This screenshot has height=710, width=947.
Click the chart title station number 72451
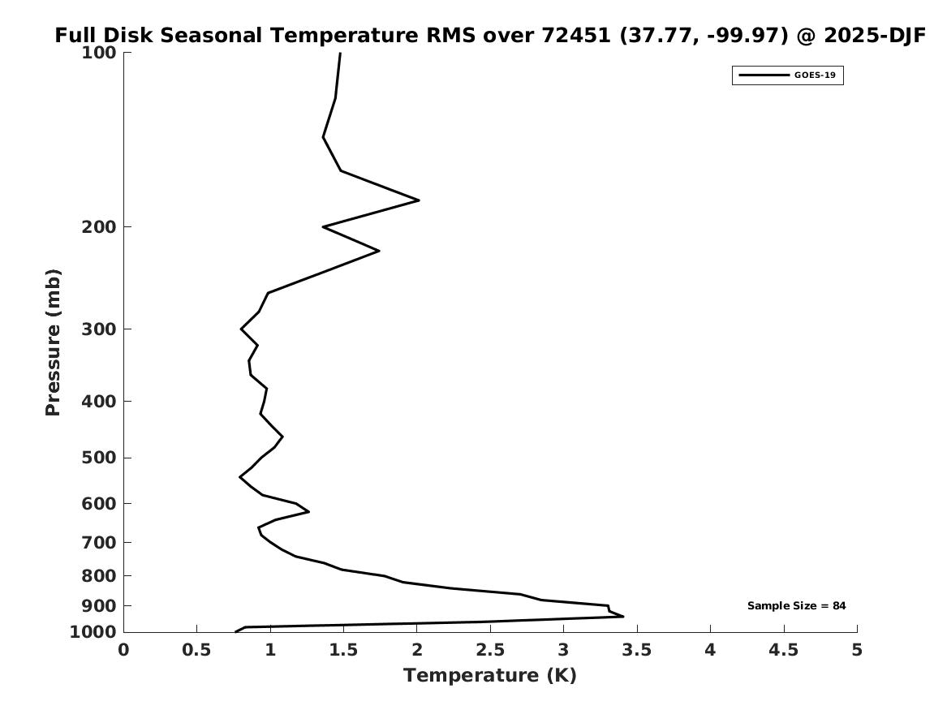click(x=575, y=36)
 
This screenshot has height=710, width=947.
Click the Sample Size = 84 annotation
click(x=796, y=606)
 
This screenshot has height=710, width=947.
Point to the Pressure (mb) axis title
click(x=54, y=342)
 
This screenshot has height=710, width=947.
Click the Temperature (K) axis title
click(x=490, y=676)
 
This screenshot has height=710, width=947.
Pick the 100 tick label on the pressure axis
click(x=100, y=53)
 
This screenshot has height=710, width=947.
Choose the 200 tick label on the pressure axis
click(x=100, y=227)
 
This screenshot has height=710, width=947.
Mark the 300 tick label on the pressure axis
click(x=100, y=329)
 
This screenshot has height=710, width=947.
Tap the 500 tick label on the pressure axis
click(x=100, y=458)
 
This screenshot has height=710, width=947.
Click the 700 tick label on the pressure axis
click(x=100, y=542)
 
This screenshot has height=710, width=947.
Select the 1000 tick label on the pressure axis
click(x=93, y=632)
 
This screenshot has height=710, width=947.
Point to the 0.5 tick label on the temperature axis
click(x=196, y=650)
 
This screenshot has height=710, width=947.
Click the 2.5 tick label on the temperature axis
click(x=490, y=650)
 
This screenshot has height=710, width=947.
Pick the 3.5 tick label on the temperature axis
click(x=637, y=650)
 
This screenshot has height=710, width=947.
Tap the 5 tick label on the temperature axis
click(x=857, y=650)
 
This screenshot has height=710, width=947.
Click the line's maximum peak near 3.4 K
click(x=622, y=617)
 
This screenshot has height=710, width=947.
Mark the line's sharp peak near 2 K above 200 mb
click(x=419, y=200)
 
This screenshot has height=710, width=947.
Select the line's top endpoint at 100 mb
click(x=340, y=54)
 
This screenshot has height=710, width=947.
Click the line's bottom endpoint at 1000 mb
click(x=236, y=631)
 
